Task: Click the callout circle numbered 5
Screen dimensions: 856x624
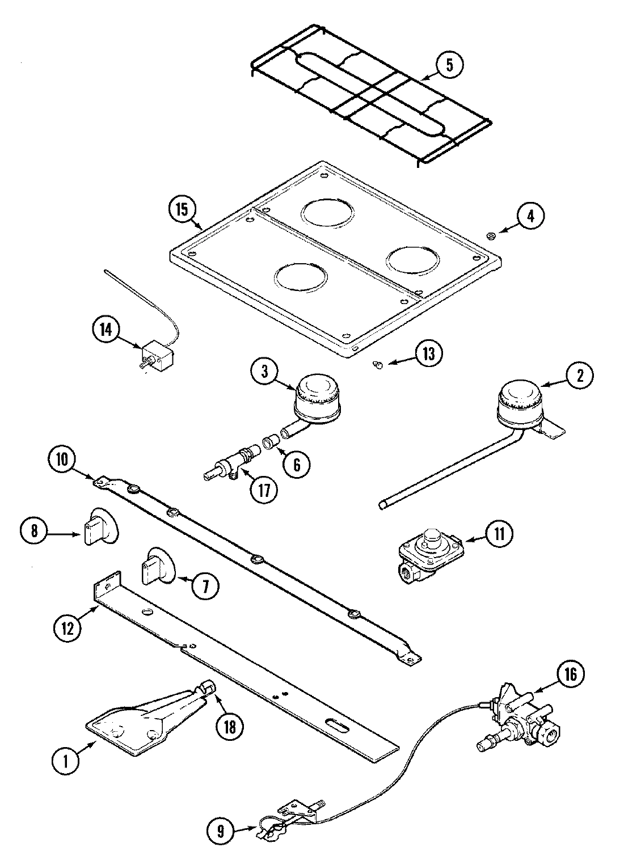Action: pos(449,65)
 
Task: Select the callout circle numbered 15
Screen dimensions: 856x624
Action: pos(182,209)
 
